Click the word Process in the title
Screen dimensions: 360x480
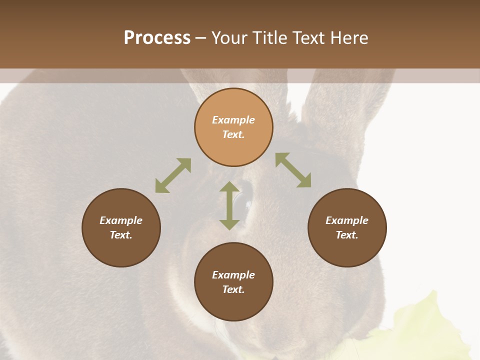coord(157,38)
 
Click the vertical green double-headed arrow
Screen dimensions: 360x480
coord(229,205)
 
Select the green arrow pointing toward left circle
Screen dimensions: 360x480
coord(173,175)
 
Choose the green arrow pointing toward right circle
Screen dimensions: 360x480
coord(293,170)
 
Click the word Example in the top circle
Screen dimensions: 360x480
coord(233,120)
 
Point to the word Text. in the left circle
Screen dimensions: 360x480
coord(121,235)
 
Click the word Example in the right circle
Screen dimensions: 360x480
coord(347,220)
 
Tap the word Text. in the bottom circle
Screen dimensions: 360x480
coord(233,289)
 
